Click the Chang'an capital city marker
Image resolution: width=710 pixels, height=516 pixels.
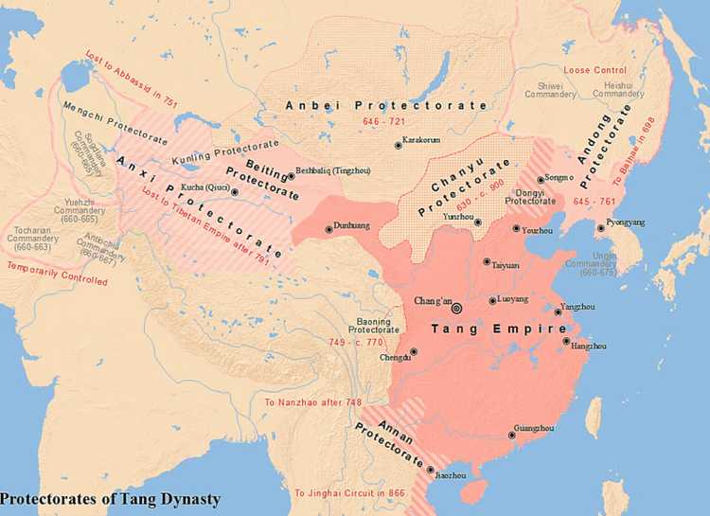click(x=457, y=307)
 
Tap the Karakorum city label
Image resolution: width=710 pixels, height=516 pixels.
click(x=419, y=139)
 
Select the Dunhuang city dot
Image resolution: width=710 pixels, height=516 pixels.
click(x=328, y=227)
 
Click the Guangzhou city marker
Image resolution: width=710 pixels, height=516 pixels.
click(x=511, y=436)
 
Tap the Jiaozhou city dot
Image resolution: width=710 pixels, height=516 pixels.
click(x=432, y=470)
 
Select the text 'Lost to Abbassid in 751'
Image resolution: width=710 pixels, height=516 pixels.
click(x=117, y=79)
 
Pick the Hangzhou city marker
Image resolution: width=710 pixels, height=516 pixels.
click(x=566, y=341)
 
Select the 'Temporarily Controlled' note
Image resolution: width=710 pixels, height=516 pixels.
click(x=56, y=275)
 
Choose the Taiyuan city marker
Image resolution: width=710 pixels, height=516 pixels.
click(x=487, y=261)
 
